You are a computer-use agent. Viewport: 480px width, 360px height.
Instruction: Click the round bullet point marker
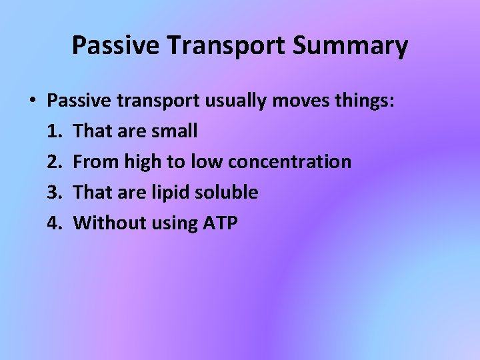tap(32, 101)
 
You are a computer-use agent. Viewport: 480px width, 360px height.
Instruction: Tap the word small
tap(174, 131)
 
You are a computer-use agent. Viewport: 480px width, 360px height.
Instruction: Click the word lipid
tap(169, 193)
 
